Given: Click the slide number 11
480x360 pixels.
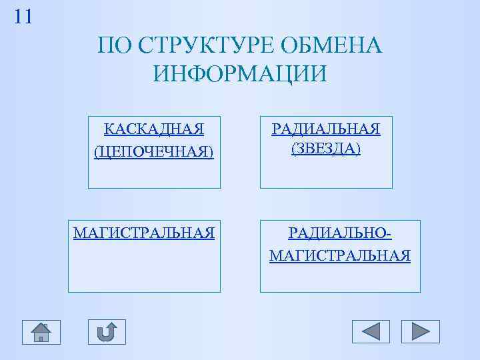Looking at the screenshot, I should pos(23,17).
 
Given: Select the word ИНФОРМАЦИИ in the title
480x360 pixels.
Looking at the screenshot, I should pos(240,73).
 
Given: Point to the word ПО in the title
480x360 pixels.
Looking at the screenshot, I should pos(111,46).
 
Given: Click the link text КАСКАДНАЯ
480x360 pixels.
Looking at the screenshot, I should pos(154,128).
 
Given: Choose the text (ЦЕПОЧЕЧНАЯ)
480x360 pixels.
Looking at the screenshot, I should pos(154,152).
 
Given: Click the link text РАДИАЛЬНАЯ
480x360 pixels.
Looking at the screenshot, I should pos(326,128).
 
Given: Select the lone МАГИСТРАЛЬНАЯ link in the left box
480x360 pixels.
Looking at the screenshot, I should pos(144,233).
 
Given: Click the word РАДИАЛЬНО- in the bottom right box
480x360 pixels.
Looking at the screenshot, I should pos(340,233).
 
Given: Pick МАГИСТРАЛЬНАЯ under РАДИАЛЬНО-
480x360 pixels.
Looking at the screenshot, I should pos(340,255).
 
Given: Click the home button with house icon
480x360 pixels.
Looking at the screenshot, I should pos(41,331).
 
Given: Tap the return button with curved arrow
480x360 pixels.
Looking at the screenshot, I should pos(107,331).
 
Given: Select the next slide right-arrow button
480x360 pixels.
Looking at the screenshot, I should pos(421,331).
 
